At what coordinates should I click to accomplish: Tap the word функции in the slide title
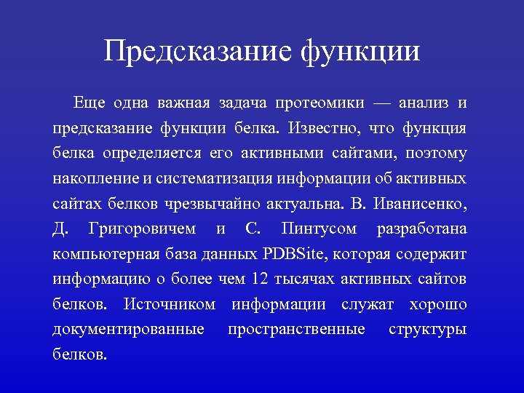pyautogui.click(x=360, y=52)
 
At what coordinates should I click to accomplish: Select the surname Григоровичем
pyautogui.click(x=142, y=229)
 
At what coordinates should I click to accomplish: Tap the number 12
pyautogui.click(x=259, y=279)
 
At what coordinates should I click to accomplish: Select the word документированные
pyautogui.click(x=128, y=330)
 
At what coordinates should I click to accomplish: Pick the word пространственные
pyautogui.click(x=296, y=330)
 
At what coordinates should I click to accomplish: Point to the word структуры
pyautogui.click(x=428, y=330)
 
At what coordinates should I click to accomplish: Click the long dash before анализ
pyautogui.click(x=389, y=104)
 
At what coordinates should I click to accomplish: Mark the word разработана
pyautogui.click(x=422, y=229)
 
